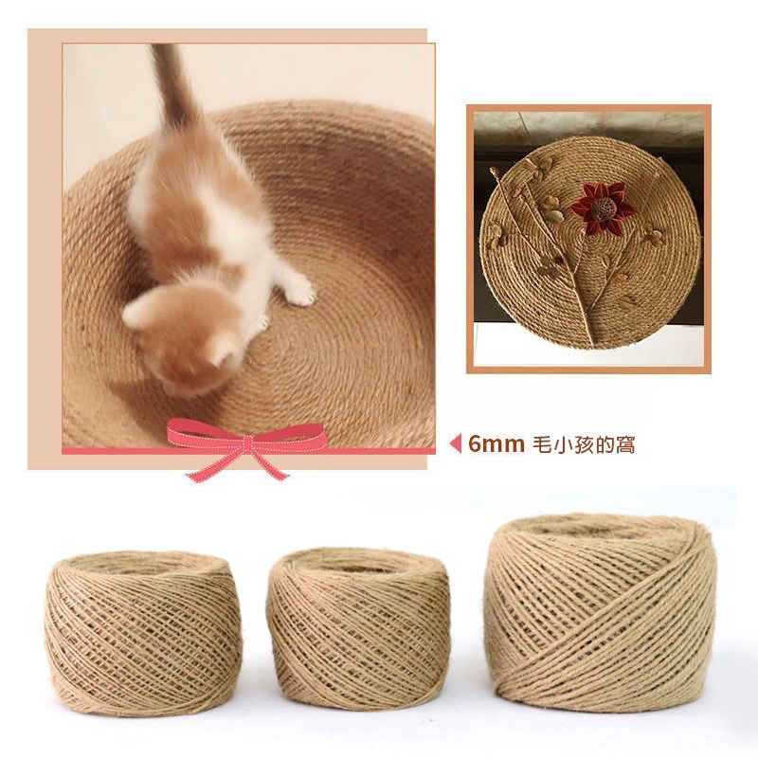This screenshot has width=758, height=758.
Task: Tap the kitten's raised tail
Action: pyautogui.click(x=171, y=87)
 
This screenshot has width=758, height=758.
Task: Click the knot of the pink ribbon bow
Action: pyautogui.click(x=247, y=443)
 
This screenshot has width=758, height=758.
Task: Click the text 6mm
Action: pyautogui.click(x=496, y=444)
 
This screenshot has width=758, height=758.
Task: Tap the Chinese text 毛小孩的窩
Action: pyautogui.click(x=584, y=444)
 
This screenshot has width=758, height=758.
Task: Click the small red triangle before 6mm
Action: pyautogui.click(x=456, y=444)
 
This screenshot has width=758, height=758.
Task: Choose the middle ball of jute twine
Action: pyautogui.click(x=358, y=629)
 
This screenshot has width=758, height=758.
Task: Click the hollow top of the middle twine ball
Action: pyautogui.click(x=359, y=566)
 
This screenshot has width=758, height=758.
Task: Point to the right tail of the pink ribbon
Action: pyautogui.click(x=271, y=463)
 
